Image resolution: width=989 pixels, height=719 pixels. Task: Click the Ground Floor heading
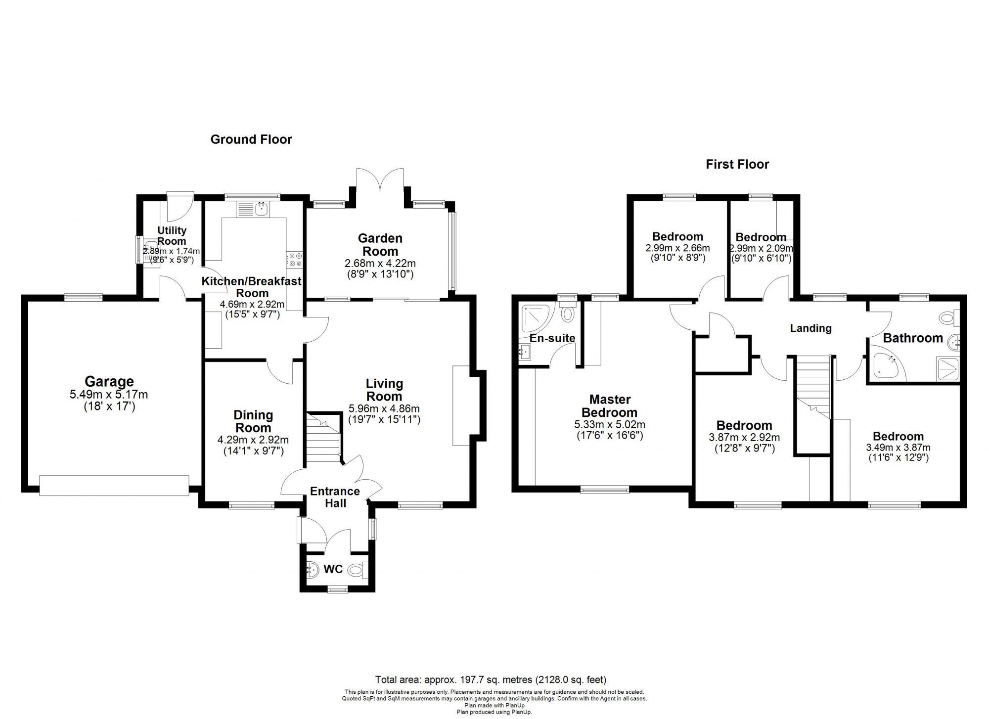(x=251, y=139)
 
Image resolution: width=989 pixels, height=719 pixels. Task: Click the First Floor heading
(x=737, y=164)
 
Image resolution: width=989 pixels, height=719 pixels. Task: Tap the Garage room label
(x=109, y=381)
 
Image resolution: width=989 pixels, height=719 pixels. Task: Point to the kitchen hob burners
(x=295, y=260)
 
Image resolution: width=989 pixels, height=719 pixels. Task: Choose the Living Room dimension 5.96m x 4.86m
(x=384, y=408)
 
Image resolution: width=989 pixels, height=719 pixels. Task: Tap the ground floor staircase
(x=323, y=438)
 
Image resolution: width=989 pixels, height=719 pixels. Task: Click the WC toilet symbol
(x=357, y=570)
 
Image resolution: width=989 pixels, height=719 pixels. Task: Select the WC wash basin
(x=313, y=570)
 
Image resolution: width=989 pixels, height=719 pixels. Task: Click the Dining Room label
(x=253, y=421)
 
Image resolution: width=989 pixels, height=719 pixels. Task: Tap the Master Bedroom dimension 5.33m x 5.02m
(x=610, y=424)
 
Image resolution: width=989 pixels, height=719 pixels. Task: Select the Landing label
(x=810, y=328)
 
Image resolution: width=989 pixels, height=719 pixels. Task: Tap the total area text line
(x=491, y=680)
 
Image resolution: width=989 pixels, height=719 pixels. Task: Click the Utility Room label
(x=172, y=235)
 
